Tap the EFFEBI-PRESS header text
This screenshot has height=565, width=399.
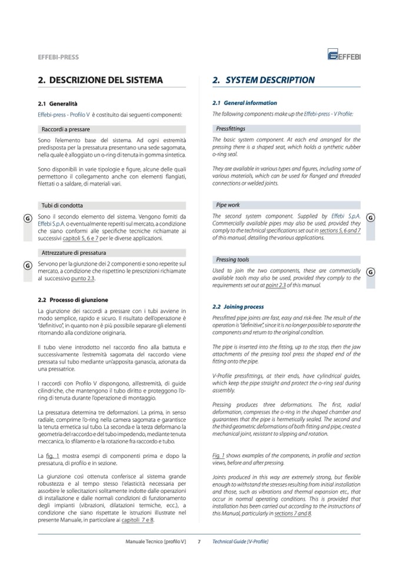coord(58,57)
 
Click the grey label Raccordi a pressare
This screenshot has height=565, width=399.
coord(65,128)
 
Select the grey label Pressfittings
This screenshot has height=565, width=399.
coord(231,128)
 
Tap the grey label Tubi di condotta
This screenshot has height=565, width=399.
coord(62,206)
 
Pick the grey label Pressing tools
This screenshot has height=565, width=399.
coord(232,260)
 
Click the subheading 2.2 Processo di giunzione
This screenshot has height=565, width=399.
coord(73,300)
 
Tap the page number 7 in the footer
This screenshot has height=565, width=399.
coord(199,541)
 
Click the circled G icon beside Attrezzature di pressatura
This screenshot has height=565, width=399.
coord(27,265)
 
